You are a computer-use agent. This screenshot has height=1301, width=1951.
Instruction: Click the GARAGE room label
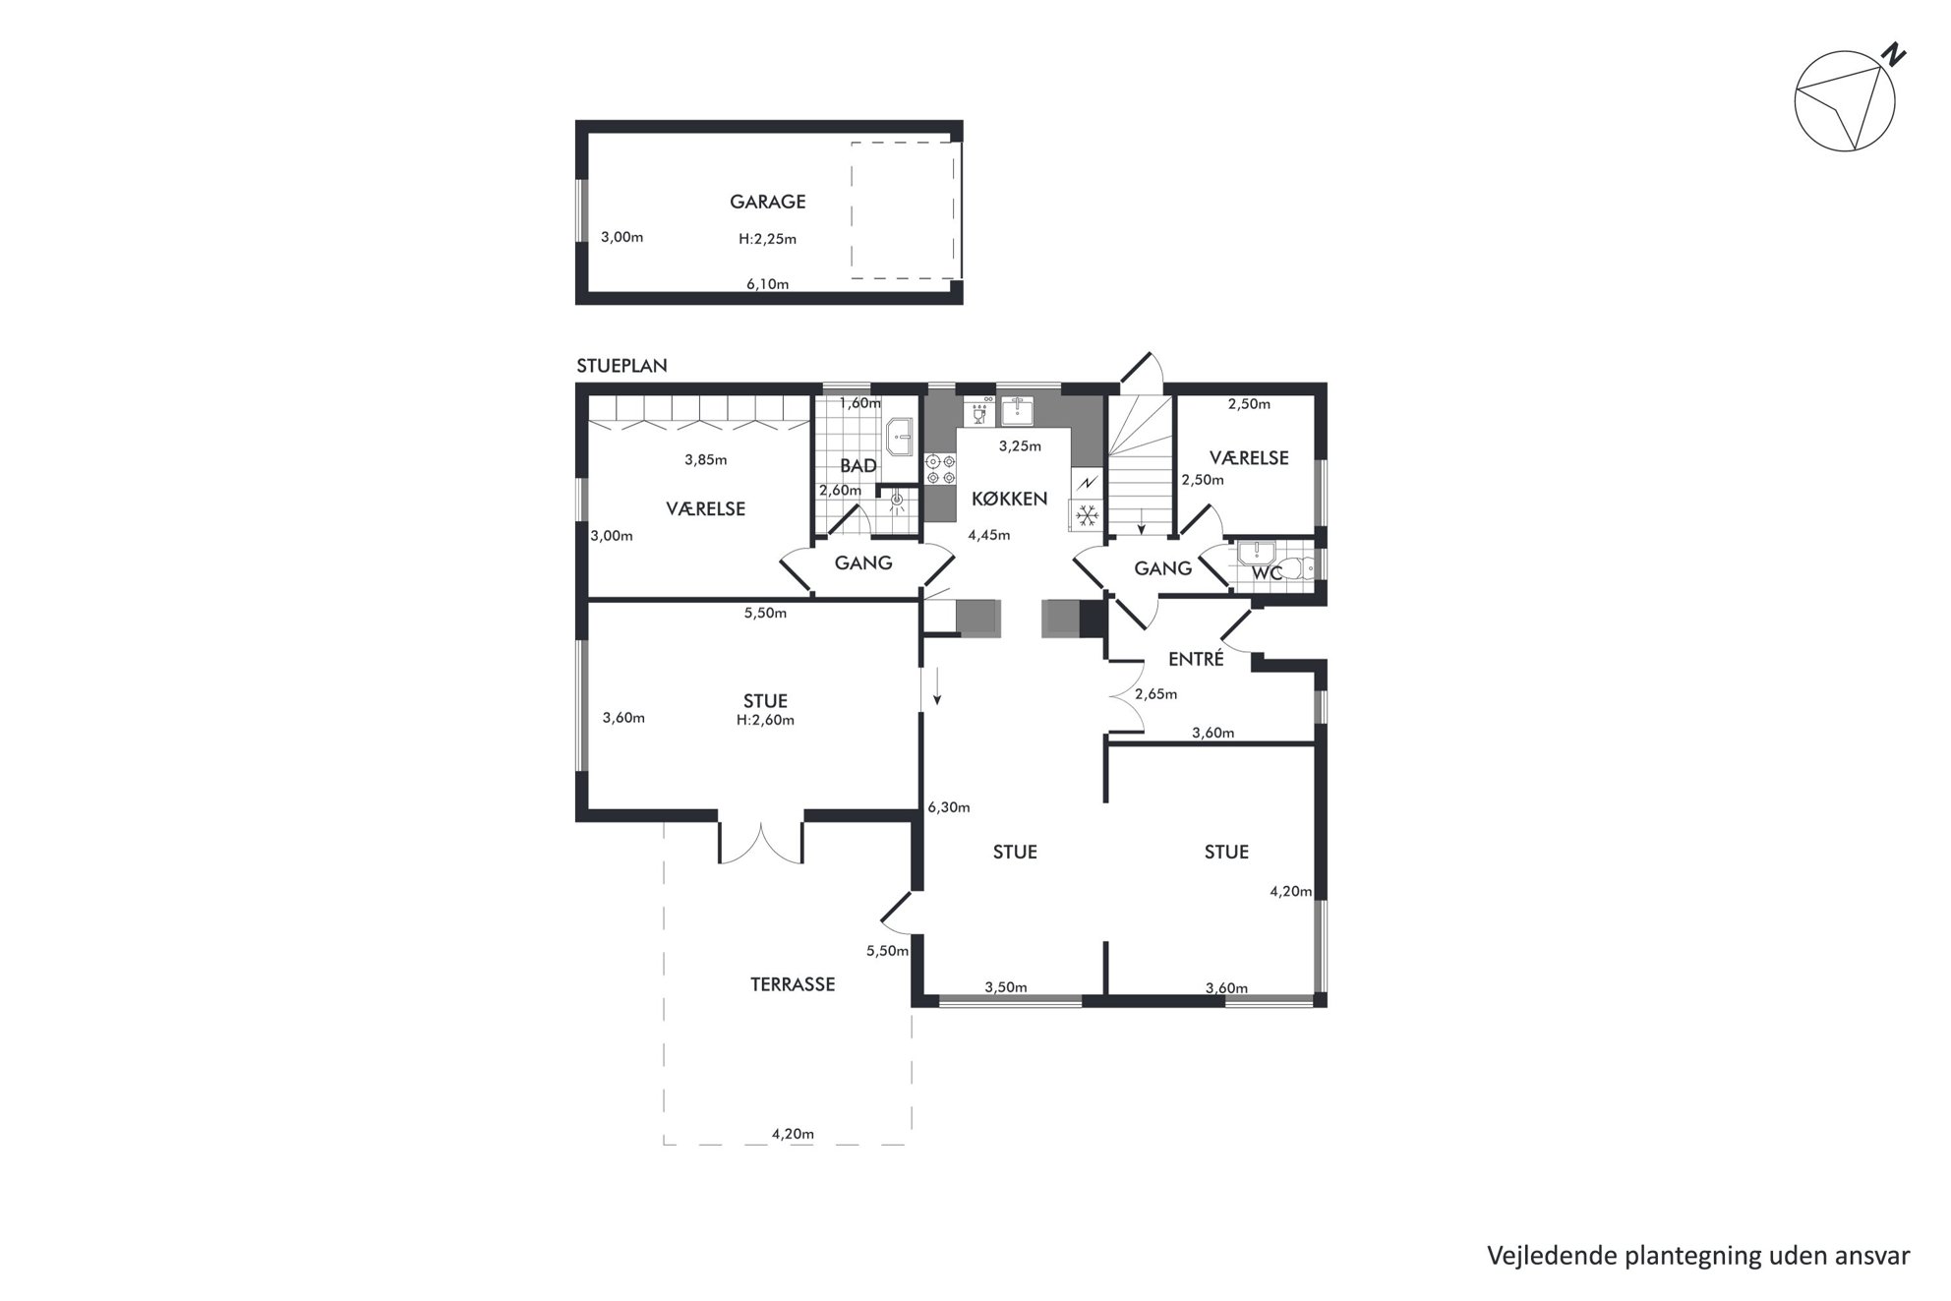(767, 202)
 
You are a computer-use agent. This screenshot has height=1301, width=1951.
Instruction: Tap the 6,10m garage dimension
(767, 284)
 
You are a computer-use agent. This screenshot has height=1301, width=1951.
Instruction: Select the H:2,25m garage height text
(767, 239)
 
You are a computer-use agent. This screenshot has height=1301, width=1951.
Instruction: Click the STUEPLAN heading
(621, 366)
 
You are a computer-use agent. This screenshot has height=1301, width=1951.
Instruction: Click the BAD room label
(857, 466)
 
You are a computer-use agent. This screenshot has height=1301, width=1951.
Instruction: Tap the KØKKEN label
(1009, 499)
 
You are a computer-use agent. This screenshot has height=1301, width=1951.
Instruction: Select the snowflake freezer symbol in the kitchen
(1087, 514)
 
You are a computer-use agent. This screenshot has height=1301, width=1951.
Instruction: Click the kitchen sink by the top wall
(1018, 411)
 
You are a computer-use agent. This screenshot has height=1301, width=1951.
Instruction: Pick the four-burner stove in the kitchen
(941, 468)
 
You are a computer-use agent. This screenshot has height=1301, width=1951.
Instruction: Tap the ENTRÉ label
(1196, 659)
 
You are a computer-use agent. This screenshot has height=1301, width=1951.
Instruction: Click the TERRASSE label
(793, 984)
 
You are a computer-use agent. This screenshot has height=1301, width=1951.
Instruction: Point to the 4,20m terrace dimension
(793, 1134)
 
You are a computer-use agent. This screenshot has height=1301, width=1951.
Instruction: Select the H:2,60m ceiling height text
(765, 720)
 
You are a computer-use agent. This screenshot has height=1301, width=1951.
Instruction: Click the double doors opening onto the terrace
(761, 843)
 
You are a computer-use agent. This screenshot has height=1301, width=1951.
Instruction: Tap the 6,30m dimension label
(949, 807)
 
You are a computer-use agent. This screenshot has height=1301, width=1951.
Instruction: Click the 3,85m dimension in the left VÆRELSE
(705, 459)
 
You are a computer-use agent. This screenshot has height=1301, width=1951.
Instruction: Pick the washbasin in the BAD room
(899, 437)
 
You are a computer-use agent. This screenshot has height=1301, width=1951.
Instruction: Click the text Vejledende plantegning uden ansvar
(1698, 1256)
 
